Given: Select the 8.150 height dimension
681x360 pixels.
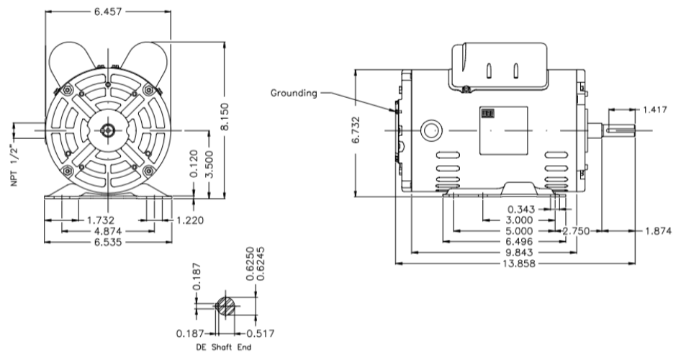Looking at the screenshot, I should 225,115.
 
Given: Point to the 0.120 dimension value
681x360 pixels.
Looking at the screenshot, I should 193,165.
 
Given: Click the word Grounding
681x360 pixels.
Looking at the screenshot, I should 294,92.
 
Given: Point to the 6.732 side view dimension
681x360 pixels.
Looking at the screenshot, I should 356,132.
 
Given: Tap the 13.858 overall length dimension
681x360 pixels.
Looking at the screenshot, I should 518,264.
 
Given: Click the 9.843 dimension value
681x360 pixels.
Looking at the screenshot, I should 520,253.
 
